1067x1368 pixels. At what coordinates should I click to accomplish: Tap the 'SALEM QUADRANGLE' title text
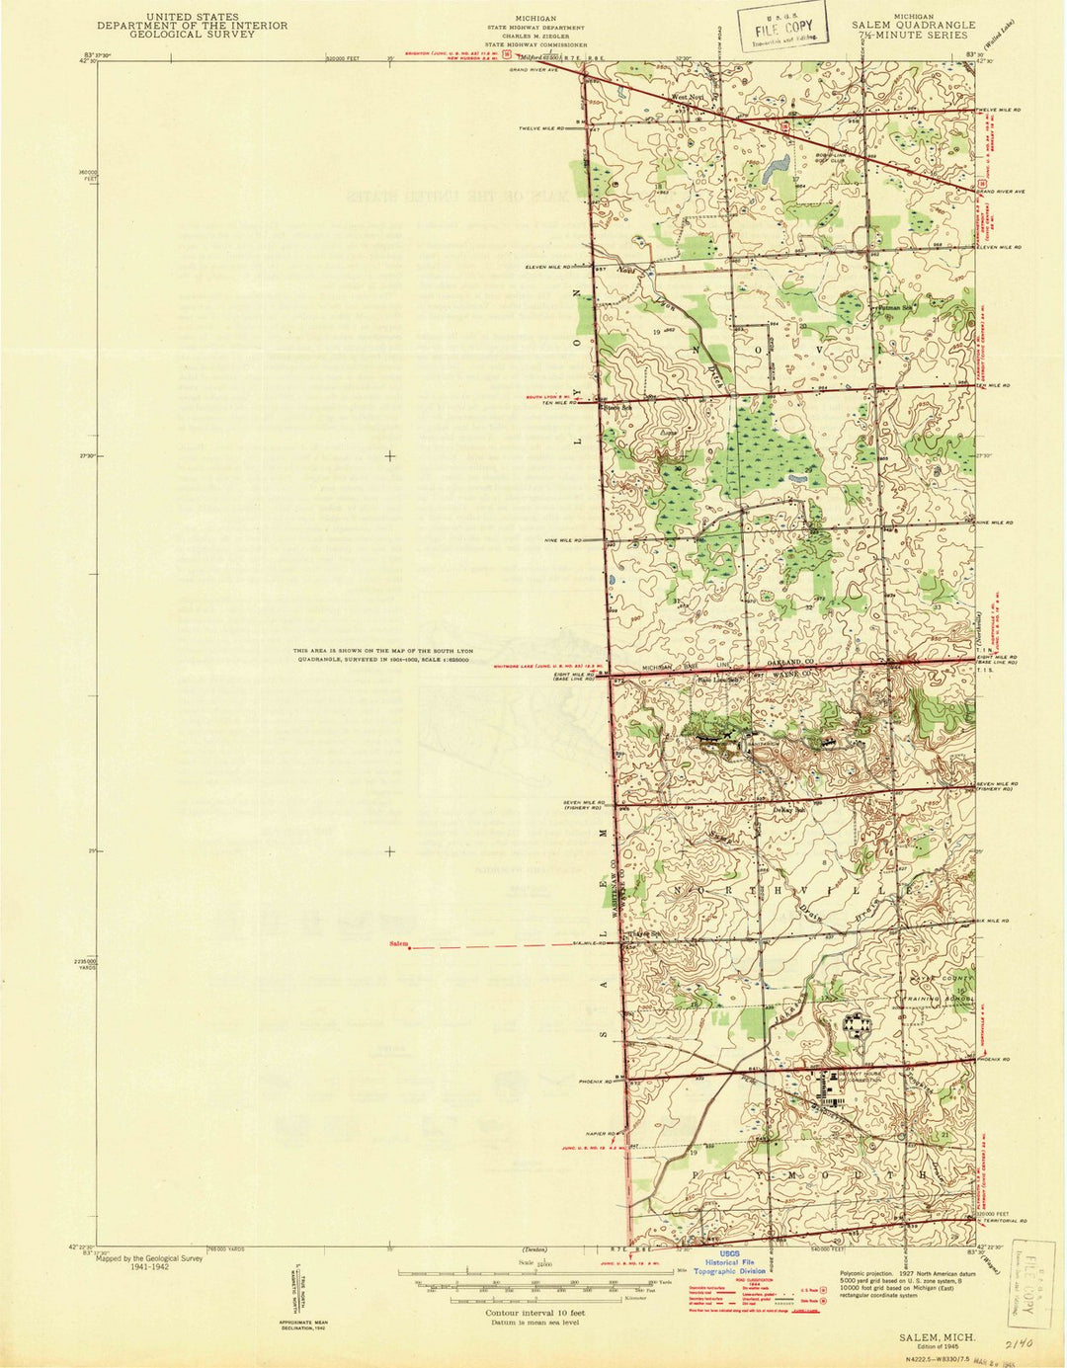pyautogui.click(x=914, y=26)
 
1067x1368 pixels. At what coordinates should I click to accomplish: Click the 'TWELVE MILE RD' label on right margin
pyautogui.click(x=998, y=109)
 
